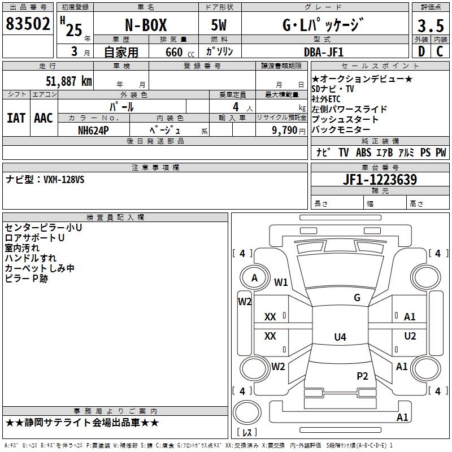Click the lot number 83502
tap(28, 25)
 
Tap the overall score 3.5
tap(429, 27)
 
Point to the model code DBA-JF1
tap(323, 52)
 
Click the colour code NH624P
tap(94, 130)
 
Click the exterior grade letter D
tap(421, 52)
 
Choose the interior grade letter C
tap(439, 52)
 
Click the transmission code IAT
tap(16, 118)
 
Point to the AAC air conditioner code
tap(44, 118)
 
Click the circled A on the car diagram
tap(254, 278)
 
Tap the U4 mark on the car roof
tap(340, 337)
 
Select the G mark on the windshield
tap(357, 298)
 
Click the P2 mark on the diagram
tap(362, 376)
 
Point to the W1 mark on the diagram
tap(281, 282)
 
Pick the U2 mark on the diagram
tap(410, 336)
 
